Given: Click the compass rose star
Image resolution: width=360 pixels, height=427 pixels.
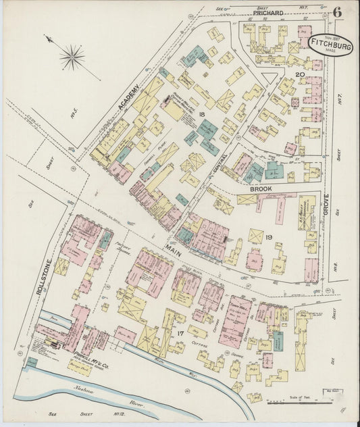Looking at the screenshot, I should point(72,57).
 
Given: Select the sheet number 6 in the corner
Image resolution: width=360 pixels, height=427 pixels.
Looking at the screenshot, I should point(336,13).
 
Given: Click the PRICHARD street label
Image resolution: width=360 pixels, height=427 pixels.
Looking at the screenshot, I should point(267,13).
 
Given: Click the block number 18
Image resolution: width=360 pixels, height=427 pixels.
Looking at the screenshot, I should point(202,116).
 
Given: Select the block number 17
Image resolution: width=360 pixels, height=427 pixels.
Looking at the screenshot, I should point(180,333).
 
